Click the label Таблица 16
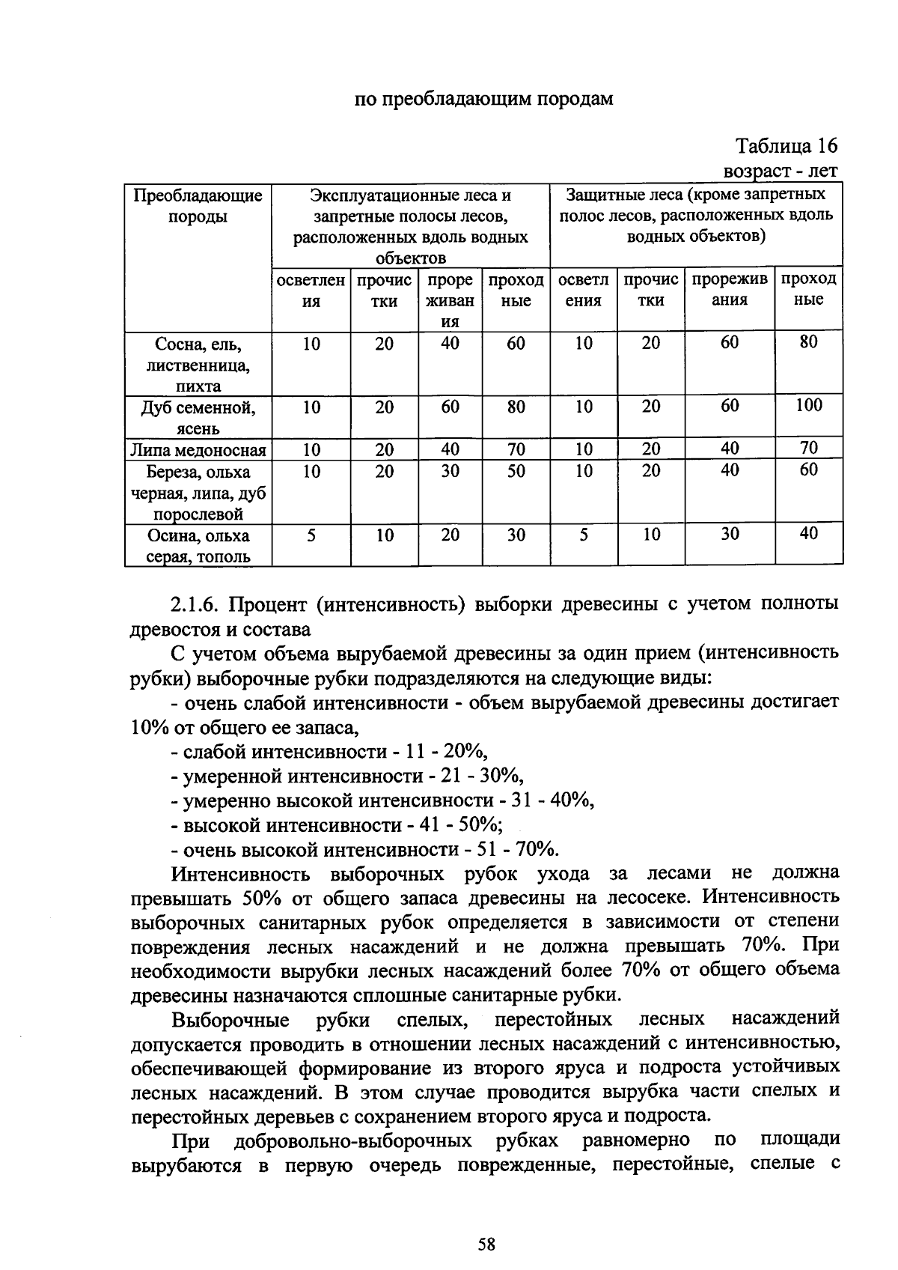click(x=786, y=145)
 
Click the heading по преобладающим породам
click(x=484, y=99)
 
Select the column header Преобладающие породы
click(x=198, y=206)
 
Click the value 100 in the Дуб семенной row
click(x=808, y=406)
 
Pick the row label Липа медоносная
click(x=198, y=449)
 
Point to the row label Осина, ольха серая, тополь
click(x=198, y=546)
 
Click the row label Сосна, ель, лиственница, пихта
click(x=198, y=365)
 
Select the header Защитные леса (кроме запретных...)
click(x=696, y=216)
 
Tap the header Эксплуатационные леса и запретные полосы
click(x=410, y=226)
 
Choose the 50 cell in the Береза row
click(x=516, y=472)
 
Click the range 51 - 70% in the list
click(x=519, y=850)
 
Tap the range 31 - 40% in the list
click(x=552, y=800)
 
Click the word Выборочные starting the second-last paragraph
click(x=230, y=1021)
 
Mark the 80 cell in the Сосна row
click(x=808, y=342)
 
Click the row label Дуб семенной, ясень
click(x=198, y=418)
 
